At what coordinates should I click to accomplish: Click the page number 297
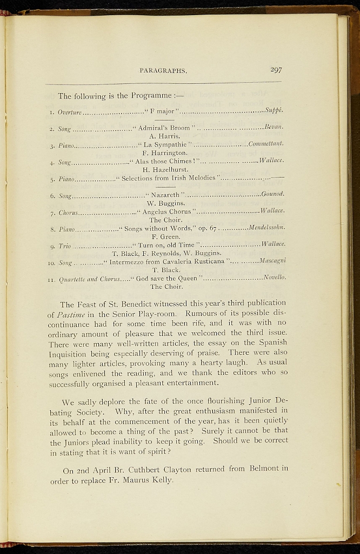(x=276, y=70)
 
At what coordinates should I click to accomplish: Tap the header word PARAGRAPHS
(x=163, y=70)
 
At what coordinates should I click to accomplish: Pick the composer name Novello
(x=274, y=278)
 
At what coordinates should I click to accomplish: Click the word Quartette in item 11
(x=74, y=279)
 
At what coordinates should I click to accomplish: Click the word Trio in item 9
(x=64, y=246)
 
